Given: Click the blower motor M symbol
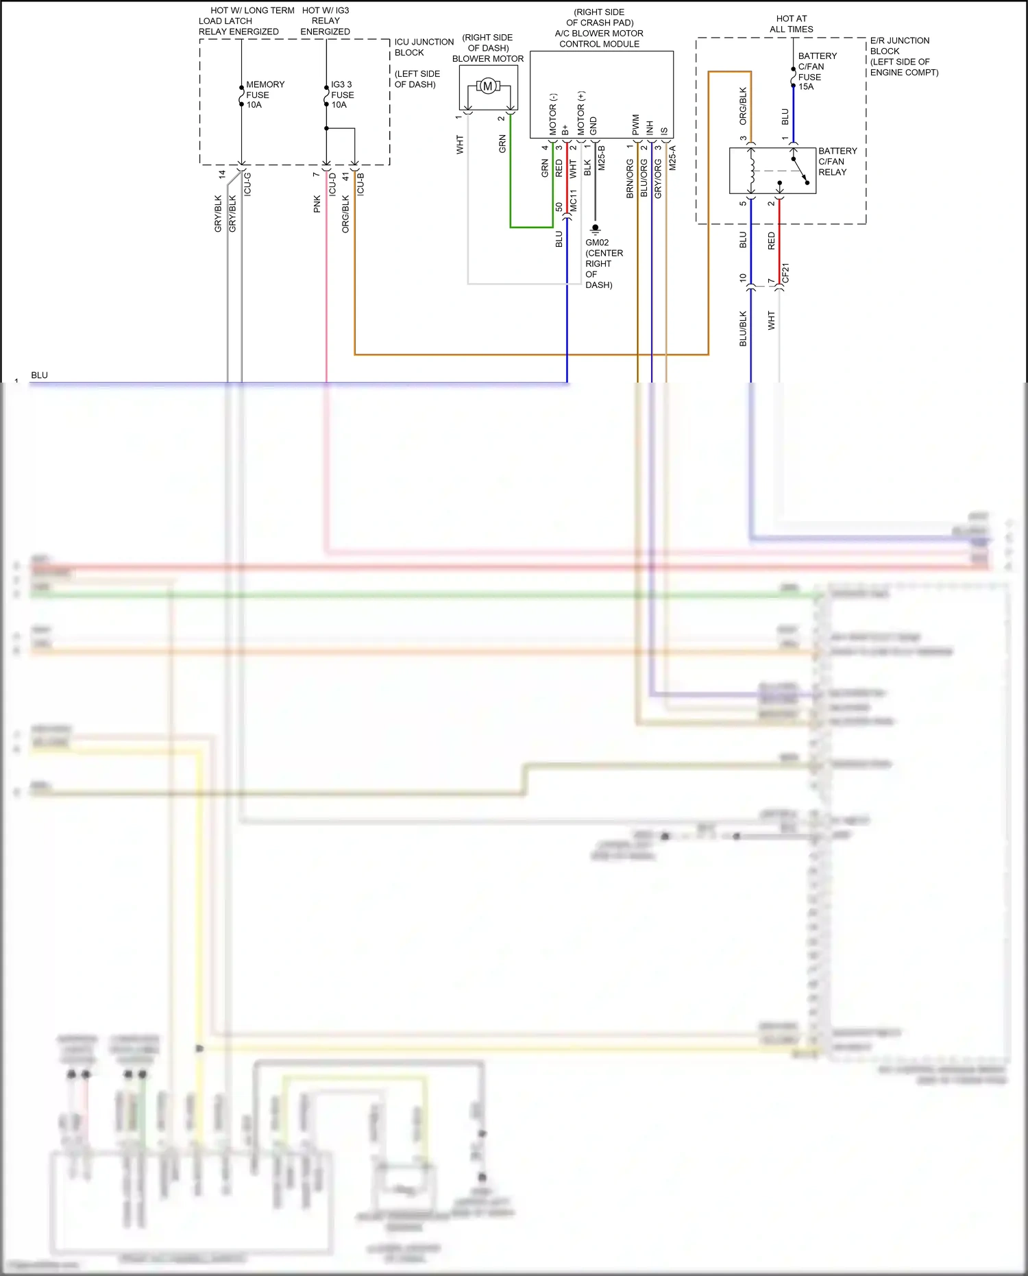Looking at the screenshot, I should point(487,86).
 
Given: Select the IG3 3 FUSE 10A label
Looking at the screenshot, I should point(342,95).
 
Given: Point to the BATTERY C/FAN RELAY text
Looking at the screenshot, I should point(837,162).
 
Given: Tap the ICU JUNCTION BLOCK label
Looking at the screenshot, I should point(423,47).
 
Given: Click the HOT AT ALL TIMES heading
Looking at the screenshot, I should point(791,24).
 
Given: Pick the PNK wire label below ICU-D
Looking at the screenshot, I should point(317,204).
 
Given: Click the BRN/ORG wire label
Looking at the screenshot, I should point(630,179).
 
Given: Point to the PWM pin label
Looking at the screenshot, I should point(636,125).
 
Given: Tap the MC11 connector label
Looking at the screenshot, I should point(574,200).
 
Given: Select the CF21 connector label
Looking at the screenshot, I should point(786,273).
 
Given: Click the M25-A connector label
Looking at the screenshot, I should point(672,158).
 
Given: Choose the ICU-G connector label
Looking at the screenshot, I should point(247,184).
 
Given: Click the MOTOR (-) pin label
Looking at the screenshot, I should point(553,114).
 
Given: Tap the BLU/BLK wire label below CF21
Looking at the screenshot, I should point(743,328).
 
